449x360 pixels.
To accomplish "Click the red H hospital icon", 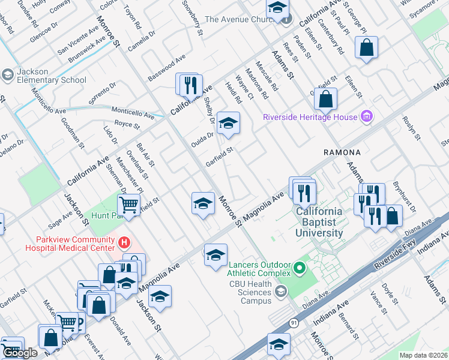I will pos(124,242).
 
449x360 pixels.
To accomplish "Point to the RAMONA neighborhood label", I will pos(342,153).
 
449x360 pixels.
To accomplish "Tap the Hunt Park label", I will pos(106,215).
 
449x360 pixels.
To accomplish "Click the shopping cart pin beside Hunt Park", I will pos(128,205).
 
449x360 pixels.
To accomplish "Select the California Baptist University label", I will pos(318,222).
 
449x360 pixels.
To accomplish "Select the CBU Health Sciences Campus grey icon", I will pos(280,292).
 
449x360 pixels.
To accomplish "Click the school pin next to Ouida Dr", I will pos(228,124).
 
